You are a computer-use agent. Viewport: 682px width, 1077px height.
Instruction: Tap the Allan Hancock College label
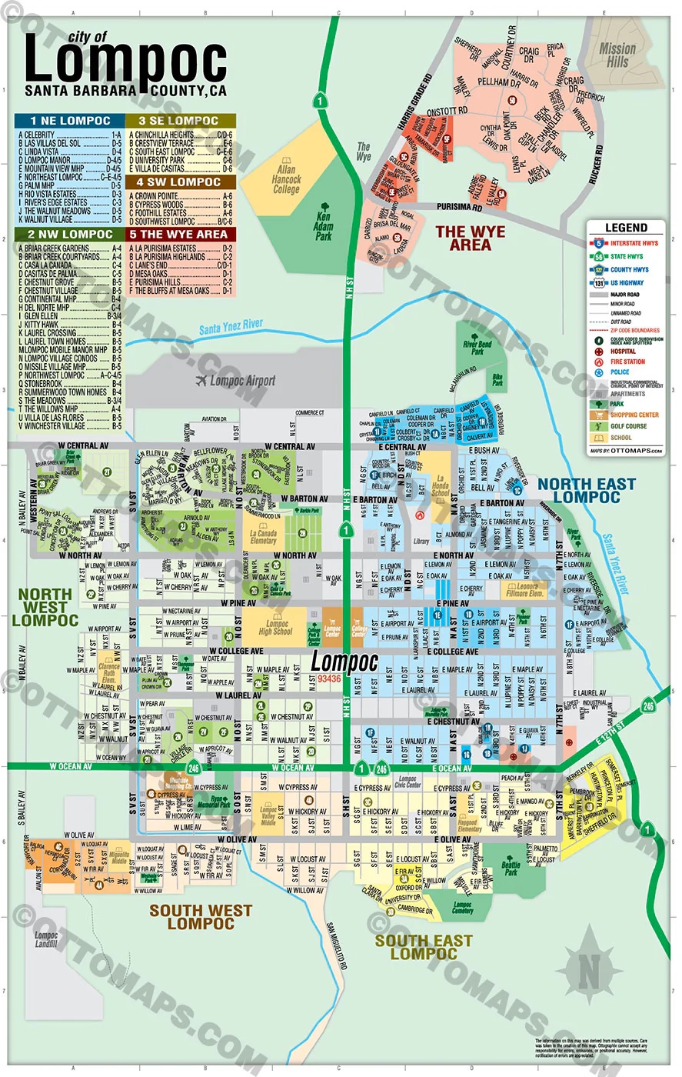286,179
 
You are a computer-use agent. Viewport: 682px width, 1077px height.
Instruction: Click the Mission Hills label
617,54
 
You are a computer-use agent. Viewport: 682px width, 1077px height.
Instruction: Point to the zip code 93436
328,679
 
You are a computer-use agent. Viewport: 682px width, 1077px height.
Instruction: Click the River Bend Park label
477,348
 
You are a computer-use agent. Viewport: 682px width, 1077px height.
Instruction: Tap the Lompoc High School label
276,627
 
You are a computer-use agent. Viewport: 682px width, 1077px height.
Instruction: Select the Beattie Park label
511,869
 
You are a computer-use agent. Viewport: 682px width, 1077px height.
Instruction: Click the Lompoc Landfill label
46,939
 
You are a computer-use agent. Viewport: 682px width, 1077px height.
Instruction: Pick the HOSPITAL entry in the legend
623,352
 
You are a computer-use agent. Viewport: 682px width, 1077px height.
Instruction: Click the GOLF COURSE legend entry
628,426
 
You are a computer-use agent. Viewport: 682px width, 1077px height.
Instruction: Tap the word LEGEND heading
626,228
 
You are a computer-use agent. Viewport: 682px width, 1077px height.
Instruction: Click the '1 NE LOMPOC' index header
70,121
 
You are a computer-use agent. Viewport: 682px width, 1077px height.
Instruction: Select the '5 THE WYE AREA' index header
181,234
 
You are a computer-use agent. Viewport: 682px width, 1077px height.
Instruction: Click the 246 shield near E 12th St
648,706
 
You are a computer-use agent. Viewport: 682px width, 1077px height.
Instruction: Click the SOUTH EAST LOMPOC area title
423,947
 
